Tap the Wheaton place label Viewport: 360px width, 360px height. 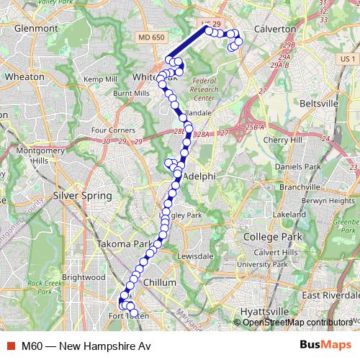tap(24, 76)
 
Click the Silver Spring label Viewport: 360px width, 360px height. tap(83, 196)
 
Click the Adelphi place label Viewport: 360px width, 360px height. tap(200, 176)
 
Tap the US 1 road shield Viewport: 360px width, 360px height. tap(348, 58)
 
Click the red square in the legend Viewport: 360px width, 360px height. tap(9, 346)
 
